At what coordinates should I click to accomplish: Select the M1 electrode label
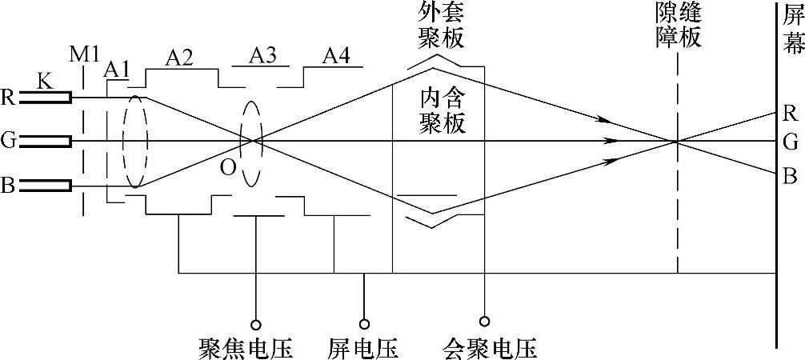[84, 55]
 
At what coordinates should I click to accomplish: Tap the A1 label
[117, 70]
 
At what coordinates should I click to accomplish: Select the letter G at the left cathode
[8, 141]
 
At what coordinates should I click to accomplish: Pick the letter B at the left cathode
[8, 186]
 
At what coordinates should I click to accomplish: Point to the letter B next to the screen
[790, 174]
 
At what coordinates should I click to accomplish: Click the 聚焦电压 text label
[245, 348]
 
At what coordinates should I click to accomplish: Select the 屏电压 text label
[362, 348]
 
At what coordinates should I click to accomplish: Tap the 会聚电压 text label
[489, 348]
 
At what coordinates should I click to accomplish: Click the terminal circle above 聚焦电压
[256, 325]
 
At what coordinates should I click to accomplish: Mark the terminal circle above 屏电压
[364, 325]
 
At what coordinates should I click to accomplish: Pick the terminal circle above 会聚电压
[483, 325]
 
